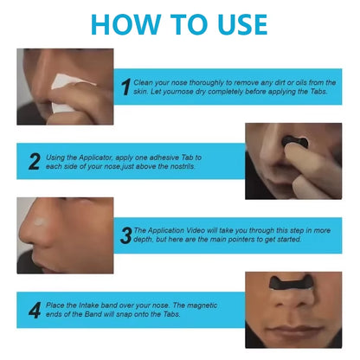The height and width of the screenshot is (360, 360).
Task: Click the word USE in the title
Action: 242,24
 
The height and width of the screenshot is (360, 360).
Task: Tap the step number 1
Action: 126,87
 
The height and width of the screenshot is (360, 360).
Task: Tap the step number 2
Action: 35,162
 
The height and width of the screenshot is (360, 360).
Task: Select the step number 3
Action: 126,235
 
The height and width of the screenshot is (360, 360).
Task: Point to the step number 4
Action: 35,310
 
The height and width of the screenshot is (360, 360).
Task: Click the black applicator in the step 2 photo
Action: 294,143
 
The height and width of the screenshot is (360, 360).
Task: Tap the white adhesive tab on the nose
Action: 39,222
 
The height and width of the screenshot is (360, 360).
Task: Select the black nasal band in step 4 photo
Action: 292,283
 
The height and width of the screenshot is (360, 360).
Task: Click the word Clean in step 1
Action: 143,83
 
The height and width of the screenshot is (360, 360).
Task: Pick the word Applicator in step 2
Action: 95,157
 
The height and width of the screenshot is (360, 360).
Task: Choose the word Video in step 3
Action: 196,230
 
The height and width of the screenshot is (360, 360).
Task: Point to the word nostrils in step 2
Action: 183,166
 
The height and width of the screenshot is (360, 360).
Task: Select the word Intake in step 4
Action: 88,305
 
